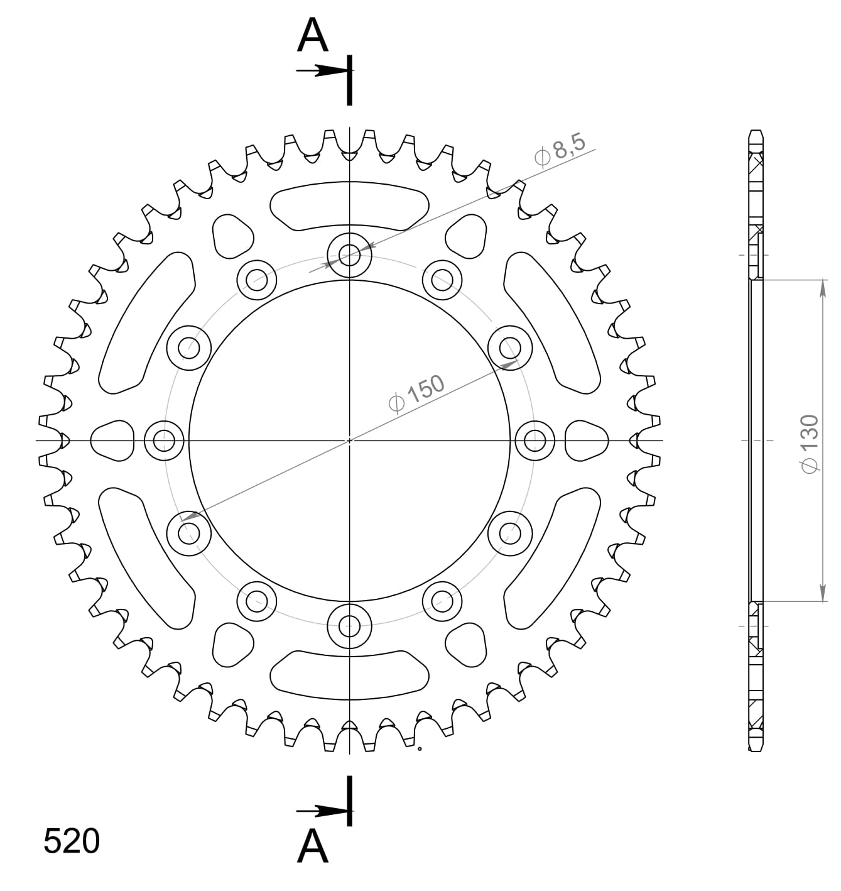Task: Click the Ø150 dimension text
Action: [x=416, y=393]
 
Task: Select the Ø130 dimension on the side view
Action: [x=810, y=444]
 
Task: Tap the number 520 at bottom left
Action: [x=72, y=841]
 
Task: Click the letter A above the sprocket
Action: [x=313, y=36]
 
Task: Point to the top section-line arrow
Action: [x=322, y=70]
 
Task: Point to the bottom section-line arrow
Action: [x=322, y=811]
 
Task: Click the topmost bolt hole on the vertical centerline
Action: [x=349, y=255]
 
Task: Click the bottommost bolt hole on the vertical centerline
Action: [x=349, y=626]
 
